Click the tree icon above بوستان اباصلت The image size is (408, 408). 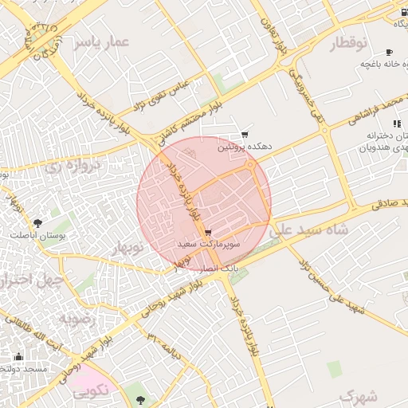click(x=37, y=223)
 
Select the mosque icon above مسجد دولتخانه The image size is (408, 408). click(x=18, y=356)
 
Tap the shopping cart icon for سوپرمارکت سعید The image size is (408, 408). click(x=209, y=232)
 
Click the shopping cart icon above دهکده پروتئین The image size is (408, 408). click(x=245, y=135)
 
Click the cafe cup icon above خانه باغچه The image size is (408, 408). click(x=389, y=50)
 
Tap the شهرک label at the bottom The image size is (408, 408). click(x=356, y=394)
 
